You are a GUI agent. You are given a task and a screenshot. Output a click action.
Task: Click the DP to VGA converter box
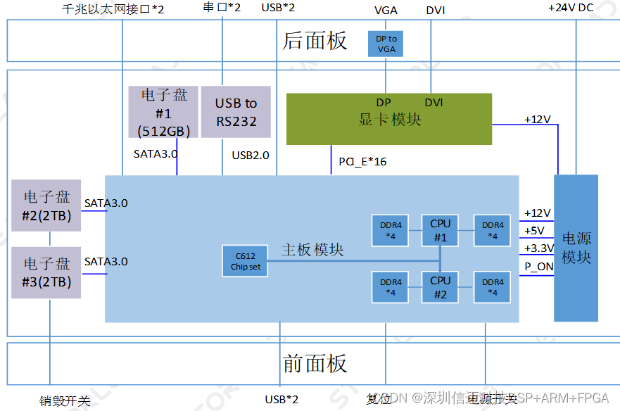[x=386, y=44]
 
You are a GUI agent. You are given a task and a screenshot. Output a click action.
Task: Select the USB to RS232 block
[x=236, y=112]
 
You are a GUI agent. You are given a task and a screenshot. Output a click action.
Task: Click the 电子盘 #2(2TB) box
[x=46, y=205]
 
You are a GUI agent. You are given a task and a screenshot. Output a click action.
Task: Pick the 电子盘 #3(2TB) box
[x=46, y=272]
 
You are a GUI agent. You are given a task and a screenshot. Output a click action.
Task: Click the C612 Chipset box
[x=245, y=261]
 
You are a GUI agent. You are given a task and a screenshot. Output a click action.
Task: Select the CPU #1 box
[x=440, y=230]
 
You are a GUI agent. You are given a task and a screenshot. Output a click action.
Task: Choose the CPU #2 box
[x=440, y=286]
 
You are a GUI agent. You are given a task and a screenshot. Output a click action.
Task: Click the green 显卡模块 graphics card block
[x=388, y=119]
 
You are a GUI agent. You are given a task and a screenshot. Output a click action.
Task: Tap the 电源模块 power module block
[x=576, y=248]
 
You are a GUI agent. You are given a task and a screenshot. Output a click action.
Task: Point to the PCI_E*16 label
[x=362, y=162]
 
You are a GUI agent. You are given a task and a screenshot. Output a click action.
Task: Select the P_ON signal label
[x=539, y=267]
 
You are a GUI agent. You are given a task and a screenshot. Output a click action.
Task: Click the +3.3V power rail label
[x=539, y=248]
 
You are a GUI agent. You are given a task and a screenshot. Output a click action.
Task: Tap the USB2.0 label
[x=251, y=155]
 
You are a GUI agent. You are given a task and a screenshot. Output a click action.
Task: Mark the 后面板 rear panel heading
[x=315, y=41]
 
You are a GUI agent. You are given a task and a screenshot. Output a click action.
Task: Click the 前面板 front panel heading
[x=315, y=364]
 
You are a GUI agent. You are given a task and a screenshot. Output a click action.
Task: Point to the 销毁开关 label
[x=65, y=401]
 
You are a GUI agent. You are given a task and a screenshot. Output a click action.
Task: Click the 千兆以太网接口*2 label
[x=113, y=10]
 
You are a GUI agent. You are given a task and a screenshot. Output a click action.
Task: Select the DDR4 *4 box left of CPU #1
[x=391, y=230]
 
